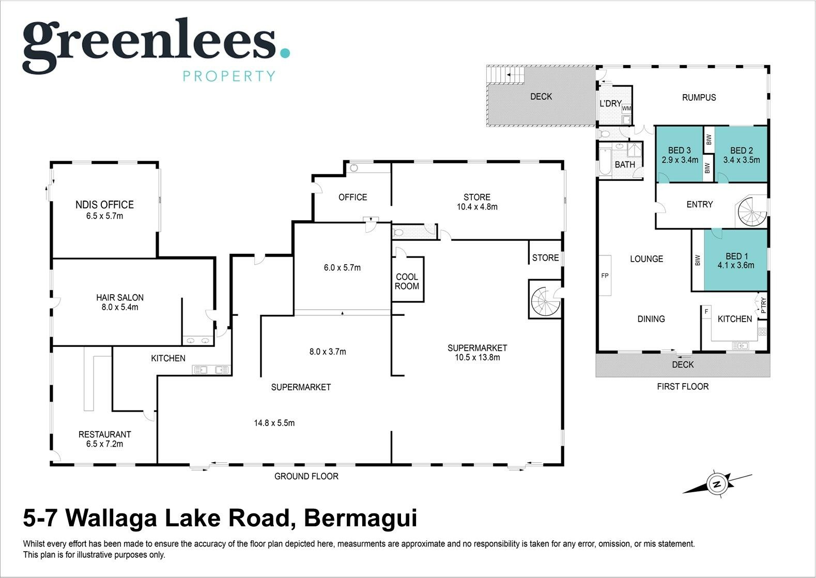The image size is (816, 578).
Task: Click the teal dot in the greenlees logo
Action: point(285,53)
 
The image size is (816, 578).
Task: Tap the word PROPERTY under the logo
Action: point(229,76)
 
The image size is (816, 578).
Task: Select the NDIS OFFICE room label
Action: point(104,205)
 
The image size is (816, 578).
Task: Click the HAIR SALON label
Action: point(120,297)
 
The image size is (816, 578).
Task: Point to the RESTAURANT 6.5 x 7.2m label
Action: point(104,439)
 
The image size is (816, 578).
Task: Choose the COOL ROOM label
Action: point(407,282)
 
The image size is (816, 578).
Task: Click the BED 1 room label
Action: point(736,256)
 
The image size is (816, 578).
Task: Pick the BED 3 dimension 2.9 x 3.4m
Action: point(680,160)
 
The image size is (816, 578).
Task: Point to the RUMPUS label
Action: point(699,98)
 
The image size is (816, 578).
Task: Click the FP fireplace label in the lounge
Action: point(605,276)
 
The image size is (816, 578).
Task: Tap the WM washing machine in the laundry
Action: point(626,109)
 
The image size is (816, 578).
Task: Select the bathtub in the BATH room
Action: point(605,162)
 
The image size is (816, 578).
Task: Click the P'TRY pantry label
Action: point(763,306)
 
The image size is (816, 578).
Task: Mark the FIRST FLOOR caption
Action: point(683,387)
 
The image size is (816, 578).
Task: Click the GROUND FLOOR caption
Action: point(306,476)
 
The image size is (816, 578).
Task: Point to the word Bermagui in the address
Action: point(361,519)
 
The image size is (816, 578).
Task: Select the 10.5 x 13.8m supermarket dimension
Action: point(477,358)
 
